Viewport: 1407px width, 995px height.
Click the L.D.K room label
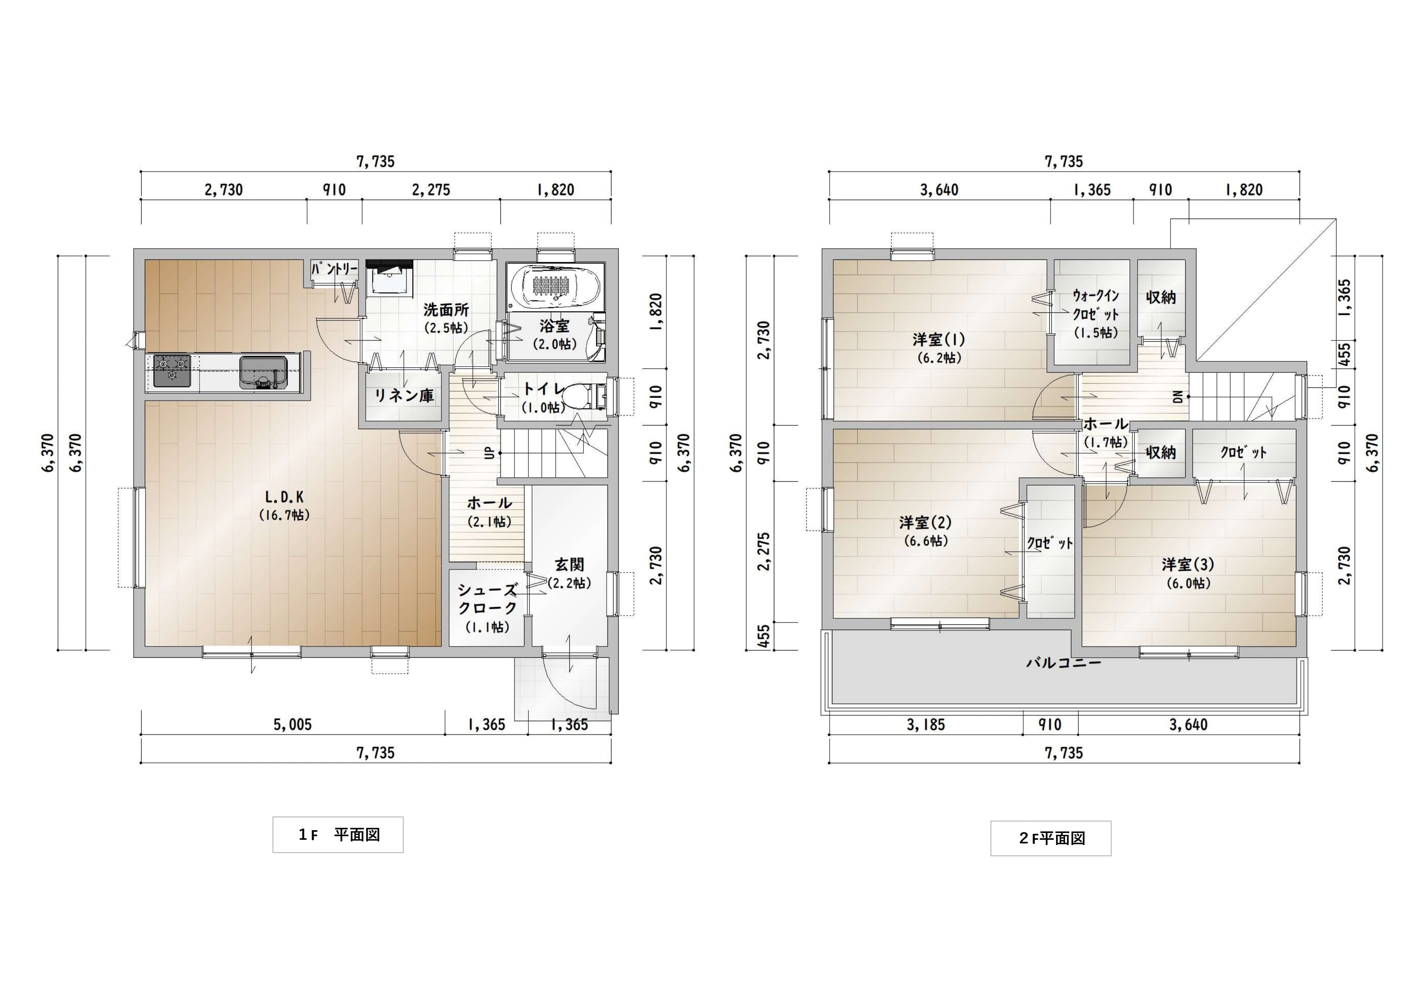click(284, 496)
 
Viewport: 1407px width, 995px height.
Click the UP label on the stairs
click(490, 453)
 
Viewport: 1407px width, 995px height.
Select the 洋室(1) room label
click(939, 339)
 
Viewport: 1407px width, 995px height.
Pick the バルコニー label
click(1064, 663)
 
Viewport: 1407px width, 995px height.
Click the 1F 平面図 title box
click(338, 834)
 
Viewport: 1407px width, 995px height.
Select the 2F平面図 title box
click(1051, 838)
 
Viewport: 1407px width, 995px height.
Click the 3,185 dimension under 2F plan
click(926, 725)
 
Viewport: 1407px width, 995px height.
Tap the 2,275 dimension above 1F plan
click(431, 190)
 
